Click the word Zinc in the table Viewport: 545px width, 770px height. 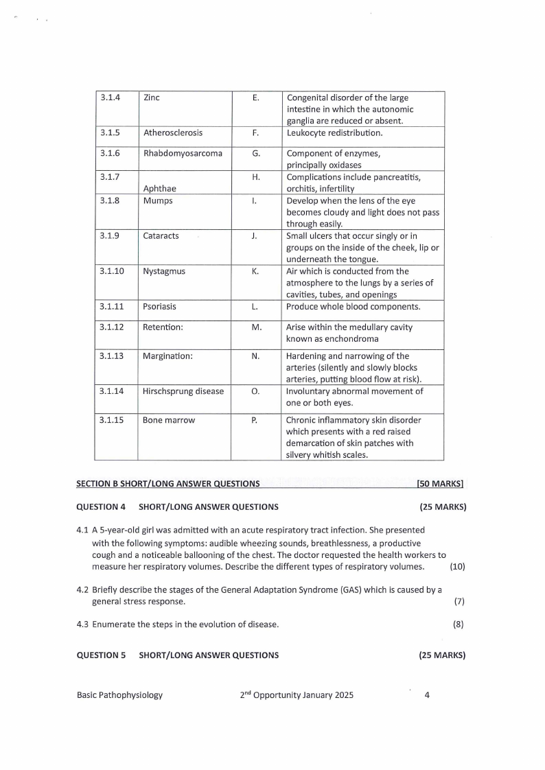click(152, 97)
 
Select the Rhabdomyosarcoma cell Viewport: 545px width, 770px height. click(183, 153)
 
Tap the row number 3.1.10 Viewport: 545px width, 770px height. click(112, 271)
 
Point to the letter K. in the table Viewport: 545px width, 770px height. click(255, 271)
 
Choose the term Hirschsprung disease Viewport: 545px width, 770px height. click(183, 391)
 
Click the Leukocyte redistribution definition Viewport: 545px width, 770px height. click(334, 132)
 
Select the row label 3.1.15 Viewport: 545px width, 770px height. click(112, 420)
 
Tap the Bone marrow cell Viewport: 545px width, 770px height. click(169, 420)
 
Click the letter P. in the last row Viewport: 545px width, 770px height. click(255, 420)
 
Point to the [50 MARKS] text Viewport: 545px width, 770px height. click(440, 484)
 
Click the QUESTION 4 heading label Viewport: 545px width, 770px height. click(101, 507)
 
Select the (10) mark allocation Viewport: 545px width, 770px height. click(457, 566)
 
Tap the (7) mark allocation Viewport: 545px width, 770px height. click(459, 601)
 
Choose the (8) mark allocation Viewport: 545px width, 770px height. click(459, 625)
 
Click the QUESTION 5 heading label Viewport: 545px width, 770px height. click(101, 655)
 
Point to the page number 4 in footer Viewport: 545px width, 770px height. click(427, 695)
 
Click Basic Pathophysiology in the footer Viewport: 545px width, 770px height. click(119, 695)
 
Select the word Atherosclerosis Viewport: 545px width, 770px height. click(173, 132)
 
